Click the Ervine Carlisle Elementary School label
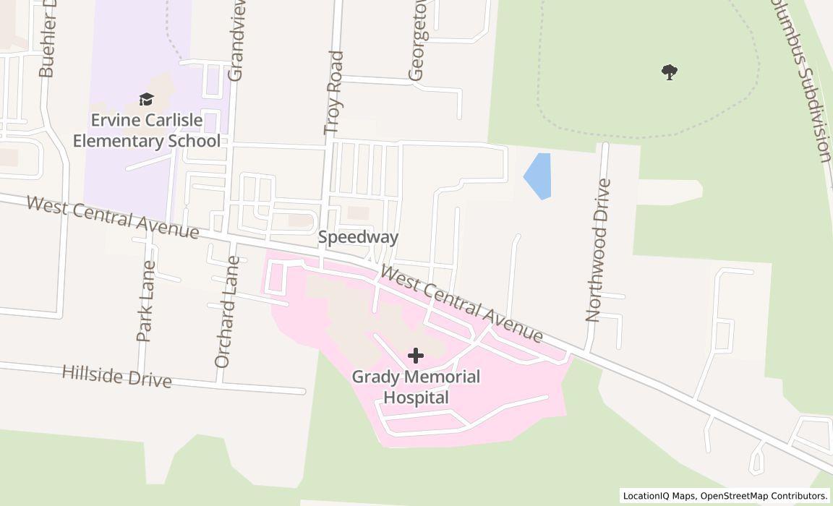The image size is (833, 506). [146, 130]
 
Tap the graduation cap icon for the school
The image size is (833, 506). [146, 99]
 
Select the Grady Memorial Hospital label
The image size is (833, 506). [416, 387]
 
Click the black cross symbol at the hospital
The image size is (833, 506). [416, 356]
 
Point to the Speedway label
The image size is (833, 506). [358, 237]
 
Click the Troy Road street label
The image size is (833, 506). [333, 93]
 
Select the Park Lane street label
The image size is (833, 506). [145, 301]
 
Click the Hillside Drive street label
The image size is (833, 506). [116, 376]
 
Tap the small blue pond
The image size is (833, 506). [538, 176]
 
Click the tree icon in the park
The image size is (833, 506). [670, 72]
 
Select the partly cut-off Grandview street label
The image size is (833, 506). [236, 40]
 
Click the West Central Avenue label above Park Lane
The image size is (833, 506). [112, 216]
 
